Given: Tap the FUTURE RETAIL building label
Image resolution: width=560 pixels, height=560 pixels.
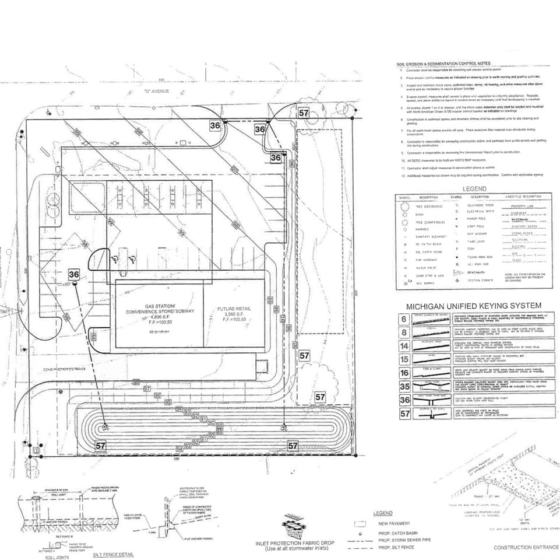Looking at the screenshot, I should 234,312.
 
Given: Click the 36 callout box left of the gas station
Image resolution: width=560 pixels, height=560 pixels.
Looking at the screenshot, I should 74,274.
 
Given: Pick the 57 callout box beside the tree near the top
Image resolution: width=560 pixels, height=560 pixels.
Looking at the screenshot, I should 304,113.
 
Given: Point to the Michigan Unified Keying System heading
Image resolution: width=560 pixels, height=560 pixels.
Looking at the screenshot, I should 474,306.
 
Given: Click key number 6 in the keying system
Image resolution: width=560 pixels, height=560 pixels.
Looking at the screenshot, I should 404,318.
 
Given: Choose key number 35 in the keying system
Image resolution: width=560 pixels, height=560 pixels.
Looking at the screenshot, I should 404,386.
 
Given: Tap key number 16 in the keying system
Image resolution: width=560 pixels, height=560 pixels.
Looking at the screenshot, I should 404,373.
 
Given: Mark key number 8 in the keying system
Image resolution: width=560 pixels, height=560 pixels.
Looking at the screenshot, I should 404,332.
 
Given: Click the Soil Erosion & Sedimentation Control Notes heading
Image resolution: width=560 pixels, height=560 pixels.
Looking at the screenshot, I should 443,64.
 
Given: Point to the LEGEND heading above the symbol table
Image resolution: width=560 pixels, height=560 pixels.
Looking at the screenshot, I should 474,189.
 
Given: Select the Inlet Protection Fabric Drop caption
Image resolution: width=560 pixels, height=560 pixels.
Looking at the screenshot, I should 294,546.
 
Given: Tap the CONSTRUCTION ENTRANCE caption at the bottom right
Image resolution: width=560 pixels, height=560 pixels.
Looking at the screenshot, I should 524,548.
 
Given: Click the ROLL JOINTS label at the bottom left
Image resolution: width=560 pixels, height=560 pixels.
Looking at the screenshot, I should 57,557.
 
